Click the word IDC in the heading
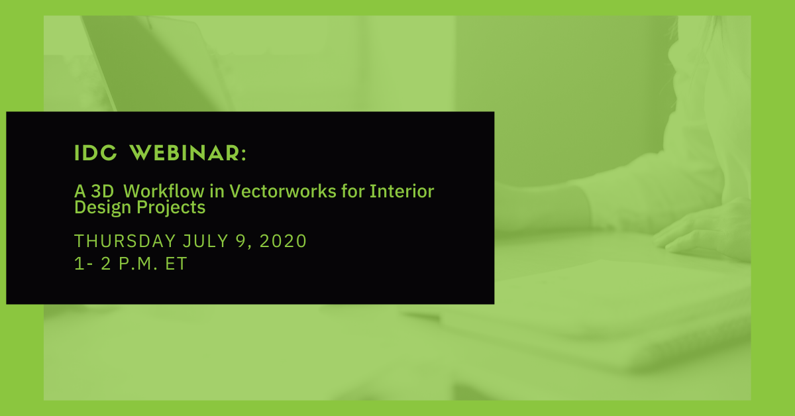tap(95, 153)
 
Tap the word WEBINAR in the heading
tap(184, 153)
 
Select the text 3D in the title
tap(102, 191)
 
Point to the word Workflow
tap(164, 191)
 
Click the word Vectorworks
tap(283, 191)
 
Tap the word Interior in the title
tap(401, 191)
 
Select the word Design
tap(103, 207)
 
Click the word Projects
tap(171, 207)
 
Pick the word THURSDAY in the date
tap(125, 241)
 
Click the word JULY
tap(205, 241)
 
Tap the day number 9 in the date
tap(241, 241)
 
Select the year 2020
tap(283, 241)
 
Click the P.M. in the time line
tap(138, 264)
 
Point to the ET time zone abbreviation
tap(176, 264)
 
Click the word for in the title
tap(352, 191)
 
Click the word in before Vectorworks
tap(217, 191)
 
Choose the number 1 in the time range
tap(79, 264)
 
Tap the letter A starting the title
tap(80, 191)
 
